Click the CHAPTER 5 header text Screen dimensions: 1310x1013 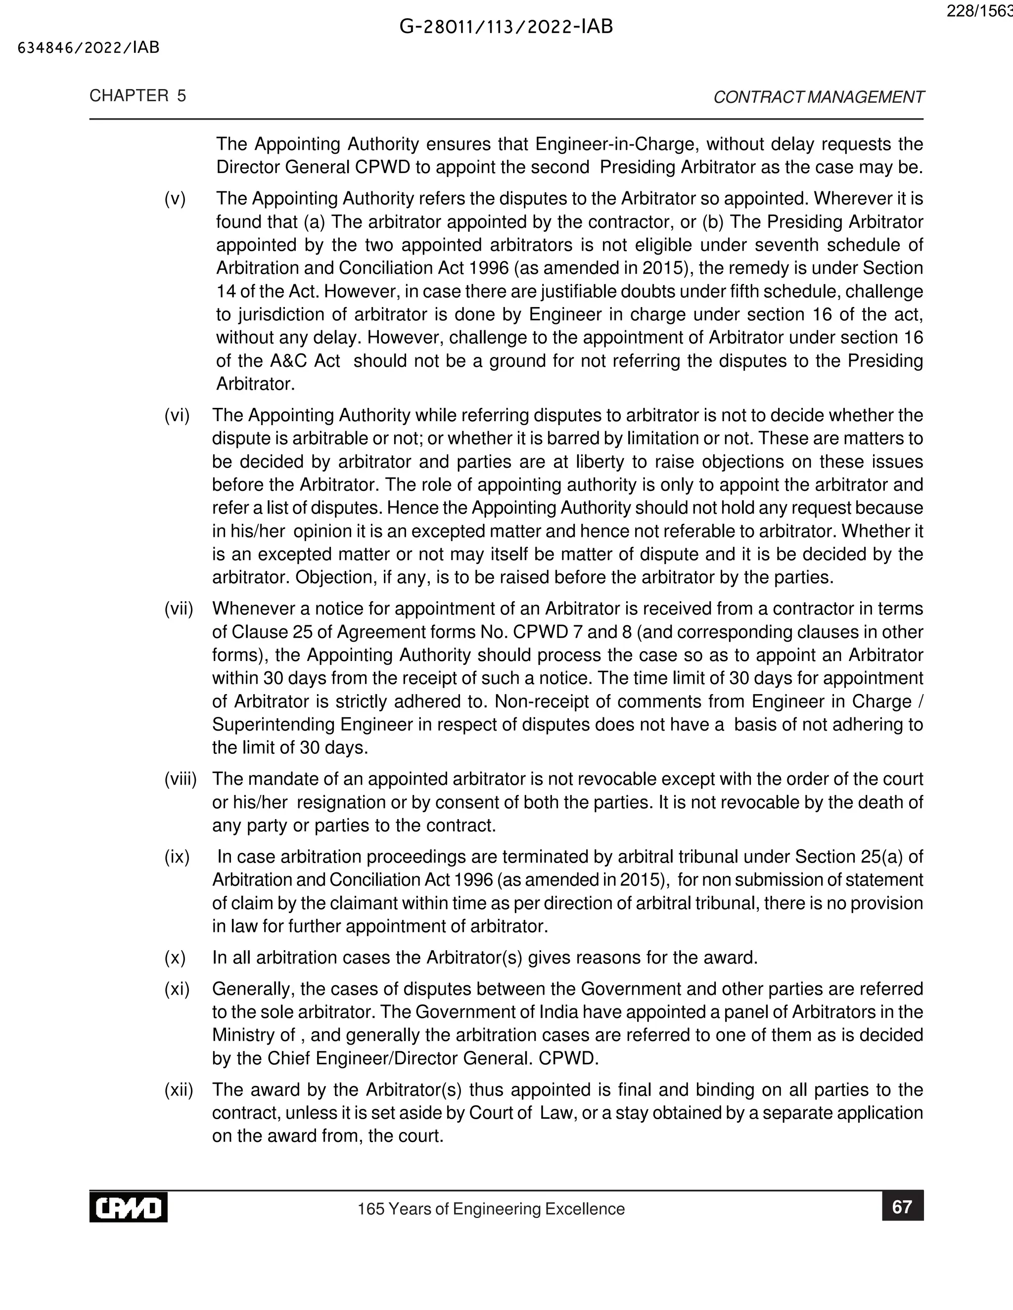(x=138, y=96)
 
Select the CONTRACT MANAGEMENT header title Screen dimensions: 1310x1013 (x=819, y=97)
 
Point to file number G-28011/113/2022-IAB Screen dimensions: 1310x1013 (x=506, y=27)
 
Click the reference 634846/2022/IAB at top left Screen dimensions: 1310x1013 (x=89, y=48)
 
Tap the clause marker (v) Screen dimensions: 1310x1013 (x=175, y=199)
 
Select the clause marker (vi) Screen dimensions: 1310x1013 (x=177, y=415)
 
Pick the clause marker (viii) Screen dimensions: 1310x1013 (x=181, y=779)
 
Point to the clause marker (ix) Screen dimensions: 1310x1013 (x=177, y=857)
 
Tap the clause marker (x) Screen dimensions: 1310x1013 (x=175, y=958)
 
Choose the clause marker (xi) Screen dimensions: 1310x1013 (x=177, y=989)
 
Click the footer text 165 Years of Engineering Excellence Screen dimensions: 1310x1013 (x=491, y=1209)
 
